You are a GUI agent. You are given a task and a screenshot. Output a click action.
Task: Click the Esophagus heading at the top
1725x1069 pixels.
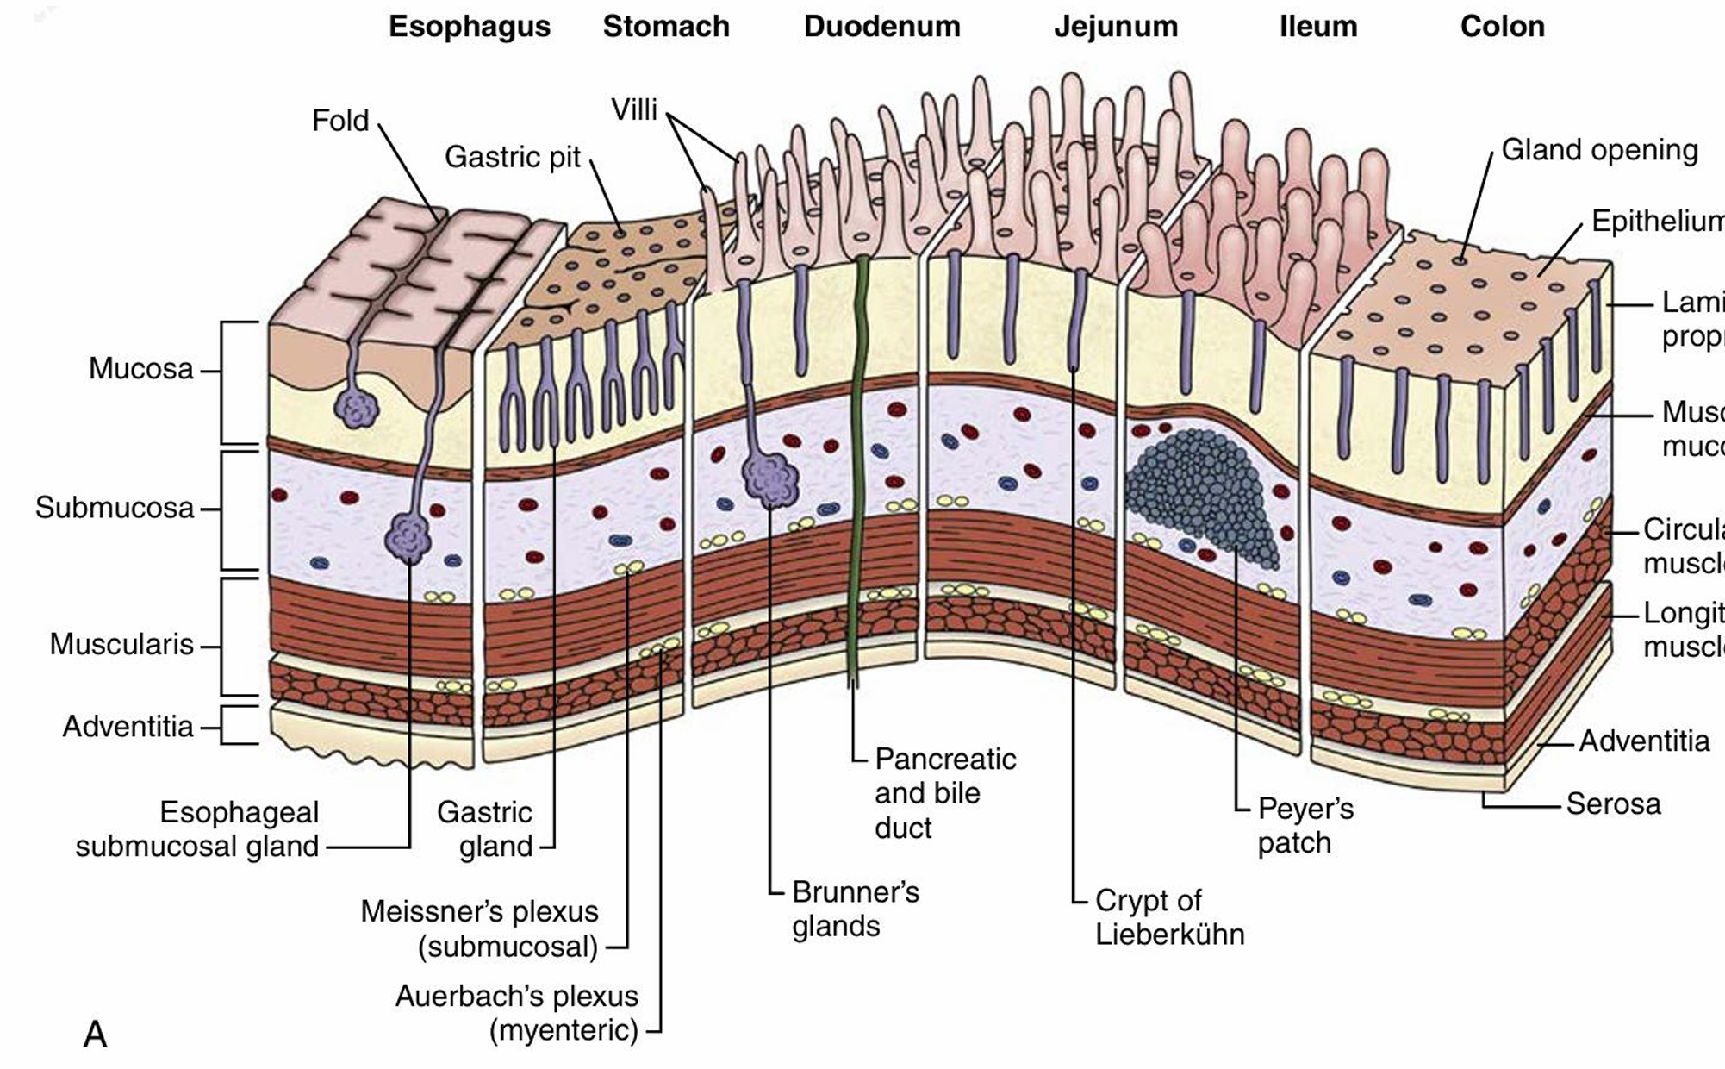tap(470, 27)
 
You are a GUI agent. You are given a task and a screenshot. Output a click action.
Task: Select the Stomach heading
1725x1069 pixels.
tap(666, 27)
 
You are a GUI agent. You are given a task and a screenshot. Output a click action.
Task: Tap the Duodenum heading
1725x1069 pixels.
tap(881, 27)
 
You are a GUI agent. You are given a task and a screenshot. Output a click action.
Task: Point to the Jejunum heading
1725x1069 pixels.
tap(1116, 27)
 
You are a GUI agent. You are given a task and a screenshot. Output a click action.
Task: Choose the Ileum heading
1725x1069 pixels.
tap(1318, 27)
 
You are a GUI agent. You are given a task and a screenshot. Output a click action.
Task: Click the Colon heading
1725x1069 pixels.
tap(1502, 27)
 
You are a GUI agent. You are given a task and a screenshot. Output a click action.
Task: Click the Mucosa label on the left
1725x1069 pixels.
tap(141, 369)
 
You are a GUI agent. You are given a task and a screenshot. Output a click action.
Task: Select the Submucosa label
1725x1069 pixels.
tap(115, 508)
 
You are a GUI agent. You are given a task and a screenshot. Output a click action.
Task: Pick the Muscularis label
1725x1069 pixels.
tap(121, 644)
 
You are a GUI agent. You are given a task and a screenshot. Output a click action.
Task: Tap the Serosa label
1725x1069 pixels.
tap(1613, 804)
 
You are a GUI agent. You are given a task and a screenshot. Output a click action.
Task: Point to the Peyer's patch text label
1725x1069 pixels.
tap(1305, 825)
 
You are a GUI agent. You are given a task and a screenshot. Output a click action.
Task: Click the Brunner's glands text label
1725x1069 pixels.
tap(855, 909)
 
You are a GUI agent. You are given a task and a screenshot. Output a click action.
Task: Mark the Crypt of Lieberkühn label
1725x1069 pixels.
tap(1169, 917)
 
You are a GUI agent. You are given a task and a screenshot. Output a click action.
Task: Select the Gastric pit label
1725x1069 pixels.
tap(513, 157)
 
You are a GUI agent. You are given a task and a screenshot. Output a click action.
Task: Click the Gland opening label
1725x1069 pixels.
tap(1599, 150)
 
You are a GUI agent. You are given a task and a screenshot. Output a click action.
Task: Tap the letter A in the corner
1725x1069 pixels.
tap(95, 1034)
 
